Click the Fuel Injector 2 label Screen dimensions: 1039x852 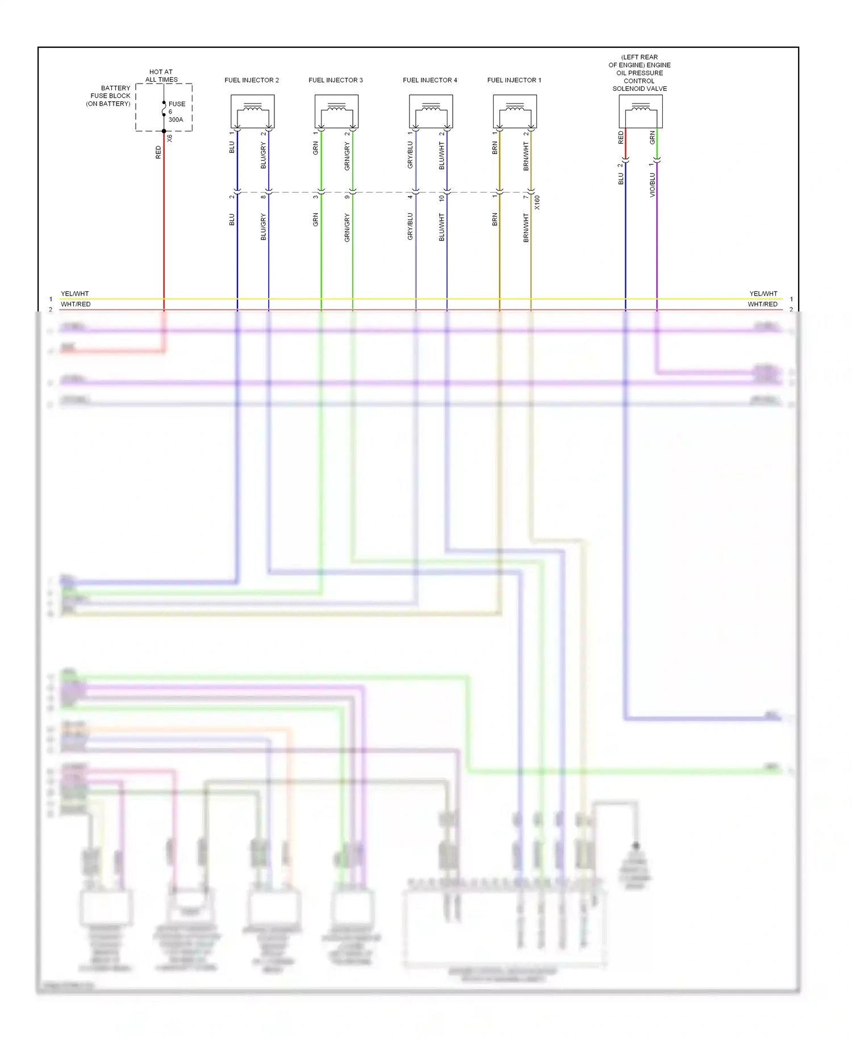[x=252, y=80]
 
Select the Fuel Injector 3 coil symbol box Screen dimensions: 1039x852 [x=336, y=111]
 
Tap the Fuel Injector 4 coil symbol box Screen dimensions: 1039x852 [x=431, y=111]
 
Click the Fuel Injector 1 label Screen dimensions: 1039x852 [x=514, y=80]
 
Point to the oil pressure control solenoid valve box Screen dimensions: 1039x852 [x=640, y=111]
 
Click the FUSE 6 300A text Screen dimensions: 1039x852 [x=176, y=111]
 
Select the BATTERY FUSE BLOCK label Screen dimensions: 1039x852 [x=109, y=95]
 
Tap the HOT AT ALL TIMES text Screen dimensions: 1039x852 [x=161, y=76]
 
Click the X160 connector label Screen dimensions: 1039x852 [x=537, y=203]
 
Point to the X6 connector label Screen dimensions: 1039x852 [x=169, y=138]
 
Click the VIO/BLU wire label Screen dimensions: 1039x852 [x=652, y=185]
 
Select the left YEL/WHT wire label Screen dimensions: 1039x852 [x=74, y=294]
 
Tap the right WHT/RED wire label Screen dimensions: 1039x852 [x=762, y=304]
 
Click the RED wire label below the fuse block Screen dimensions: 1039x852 [x=158, y=152]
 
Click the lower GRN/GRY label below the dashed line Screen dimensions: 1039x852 [x=347, y=227]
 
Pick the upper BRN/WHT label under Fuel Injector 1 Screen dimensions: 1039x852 [x=526, y=156]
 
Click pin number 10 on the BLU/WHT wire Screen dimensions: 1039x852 [x=441, y=198]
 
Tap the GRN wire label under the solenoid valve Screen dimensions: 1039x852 [x=652, y=137]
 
